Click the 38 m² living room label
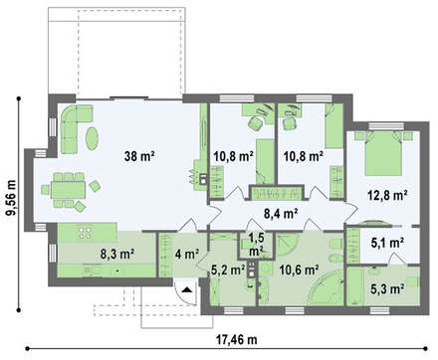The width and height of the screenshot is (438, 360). pos(139,156)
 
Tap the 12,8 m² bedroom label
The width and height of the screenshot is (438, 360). pos(387,195)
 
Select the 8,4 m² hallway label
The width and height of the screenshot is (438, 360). pos(280,214)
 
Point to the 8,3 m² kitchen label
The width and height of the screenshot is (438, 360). pos(117,254)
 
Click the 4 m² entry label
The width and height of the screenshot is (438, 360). pos(187,254)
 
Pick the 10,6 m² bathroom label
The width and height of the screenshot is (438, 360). pos(299,270)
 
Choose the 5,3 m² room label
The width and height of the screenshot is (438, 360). pos(387,288)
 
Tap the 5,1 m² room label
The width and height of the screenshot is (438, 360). pos(387,243)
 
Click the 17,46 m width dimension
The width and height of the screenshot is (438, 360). pos(237,339)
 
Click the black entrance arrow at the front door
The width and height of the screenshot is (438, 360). pos(187,289)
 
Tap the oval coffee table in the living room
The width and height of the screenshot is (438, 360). pos(92,138)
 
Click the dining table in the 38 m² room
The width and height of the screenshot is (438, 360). pos(68,190)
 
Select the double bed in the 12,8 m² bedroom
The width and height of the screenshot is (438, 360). pos(383,153)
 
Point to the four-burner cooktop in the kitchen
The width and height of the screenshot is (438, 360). pos(86,232)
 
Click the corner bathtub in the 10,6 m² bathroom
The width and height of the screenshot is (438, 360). pos(326,287)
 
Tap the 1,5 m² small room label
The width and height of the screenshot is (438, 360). pos(256,246)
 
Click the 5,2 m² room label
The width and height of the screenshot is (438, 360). pos(228,270)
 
